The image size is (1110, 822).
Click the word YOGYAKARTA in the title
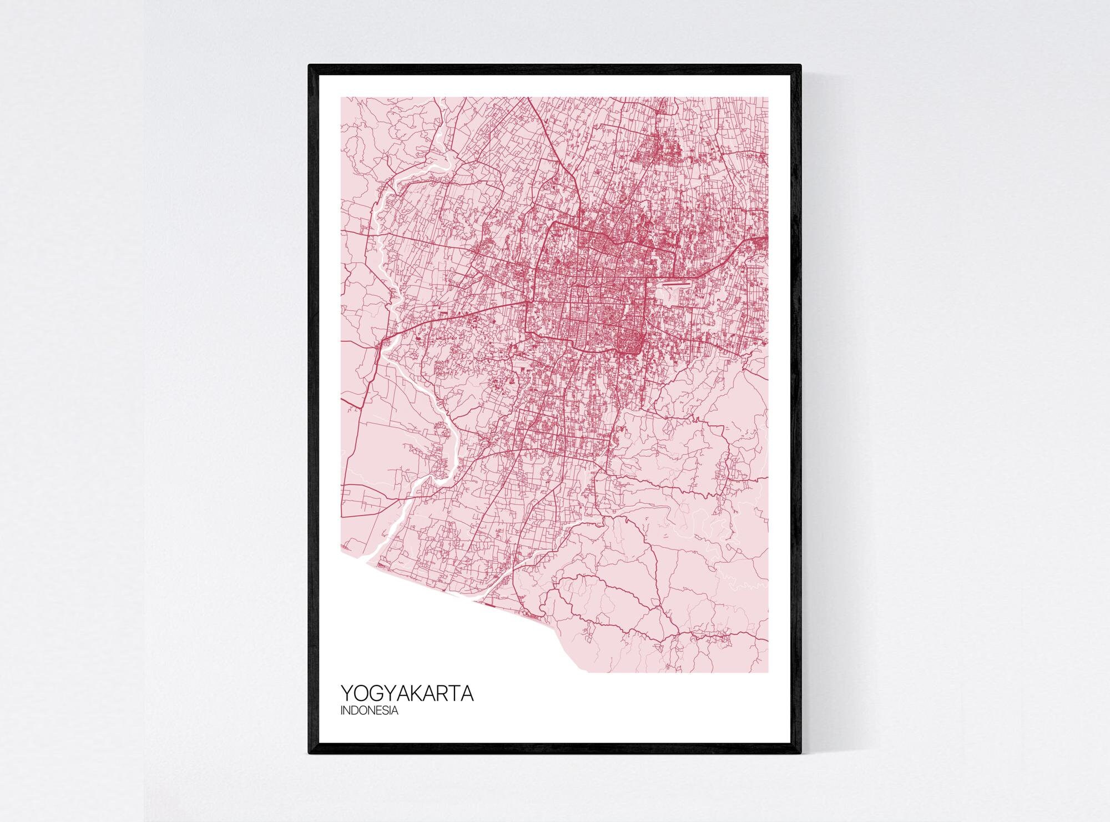[407, 694]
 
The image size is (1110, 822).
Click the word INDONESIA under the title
[369, 710]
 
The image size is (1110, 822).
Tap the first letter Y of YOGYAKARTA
[347, 694]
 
